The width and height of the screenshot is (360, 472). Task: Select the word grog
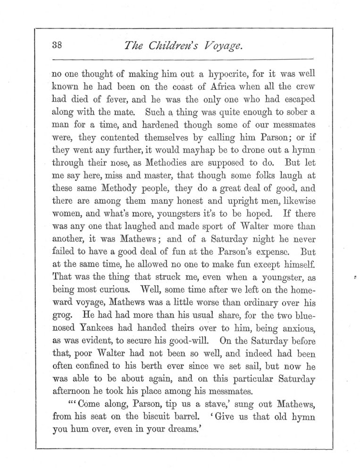click(59, 313)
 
